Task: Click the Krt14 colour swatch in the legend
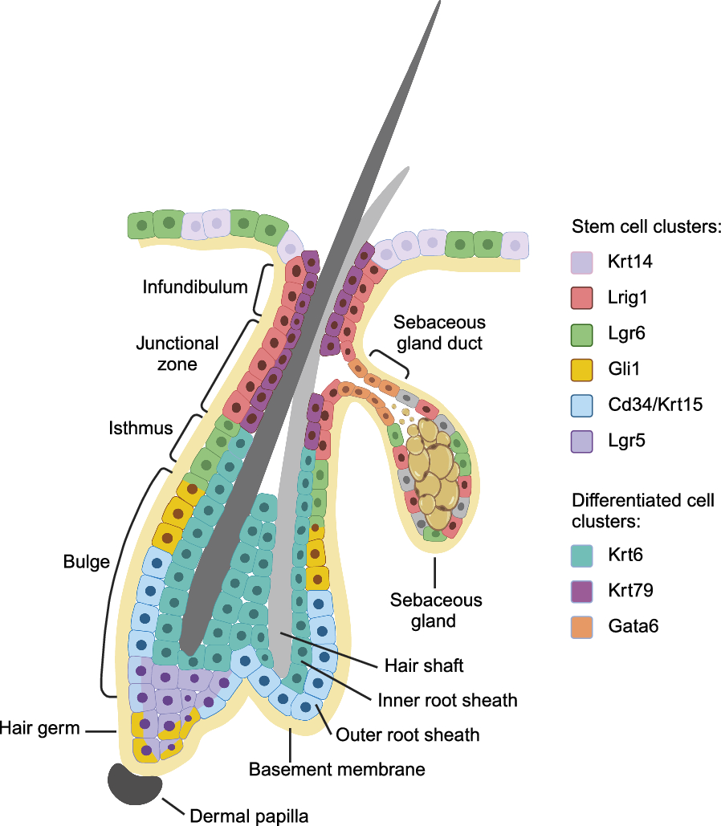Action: click(580, 262)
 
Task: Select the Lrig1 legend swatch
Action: click(580, 298)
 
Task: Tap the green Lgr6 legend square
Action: click(580, 333)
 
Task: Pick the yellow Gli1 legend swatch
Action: click(580, 369)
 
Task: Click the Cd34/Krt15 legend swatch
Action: click(580, 405)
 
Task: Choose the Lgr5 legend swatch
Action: click(580, 441)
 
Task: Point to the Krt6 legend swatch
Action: click(580, 554)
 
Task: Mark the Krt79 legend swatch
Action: click(580, 590)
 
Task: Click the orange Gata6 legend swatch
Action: click(580, 625)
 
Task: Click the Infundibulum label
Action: click(195, 287)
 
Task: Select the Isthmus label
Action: click(141, 428)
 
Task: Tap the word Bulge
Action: click(86, 562)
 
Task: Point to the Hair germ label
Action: click(40, 728)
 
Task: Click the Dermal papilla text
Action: click(249, 816)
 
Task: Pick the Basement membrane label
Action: click(336, 769)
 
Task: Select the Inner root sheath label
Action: click(447, 700)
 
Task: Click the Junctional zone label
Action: click(177, 353)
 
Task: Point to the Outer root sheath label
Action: click(407, 734)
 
